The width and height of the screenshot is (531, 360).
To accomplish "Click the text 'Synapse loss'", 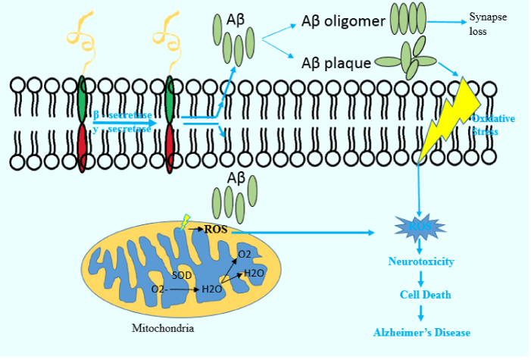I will pyautogui.click(x=488, y=25).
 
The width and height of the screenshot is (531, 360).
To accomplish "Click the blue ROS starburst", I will pyautogui.click(x=420, y=227).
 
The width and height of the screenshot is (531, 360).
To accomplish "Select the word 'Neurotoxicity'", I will pyautogui.click(x=420, y=261).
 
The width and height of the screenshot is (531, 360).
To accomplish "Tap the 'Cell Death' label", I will pyautogui.click(x=421, y=294).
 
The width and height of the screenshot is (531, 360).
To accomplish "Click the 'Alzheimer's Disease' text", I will pyautogui.click(x=421, y=333).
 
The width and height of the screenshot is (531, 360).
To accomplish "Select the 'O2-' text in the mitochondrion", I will pyautogui.click(x=159, y=290).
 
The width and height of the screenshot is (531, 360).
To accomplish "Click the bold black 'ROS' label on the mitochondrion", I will pyautogui.click(x=216, y=229).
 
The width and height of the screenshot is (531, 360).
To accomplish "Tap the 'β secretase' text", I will pyautogui.click(x=123, y=115).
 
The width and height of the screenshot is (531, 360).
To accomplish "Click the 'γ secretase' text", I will pyautogui.click(x=123, y=129).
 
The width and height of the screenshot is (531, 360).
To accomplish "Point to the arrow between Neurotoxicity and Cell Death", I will pyautogui.click(x=420, y=277).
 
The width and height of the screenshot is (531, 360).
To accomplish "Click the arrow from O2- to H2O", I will pyautogui.click(x=183, y=290).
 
